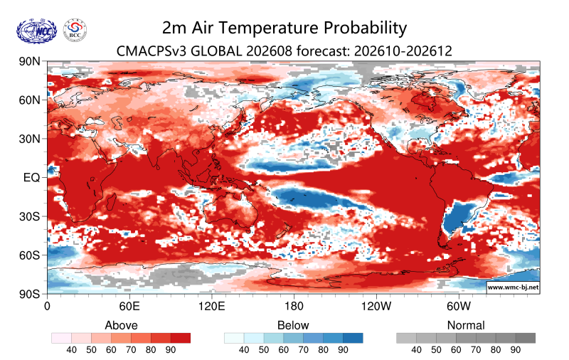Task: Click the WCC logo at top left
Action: (36, 31)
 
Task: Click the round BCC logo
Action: (75, 31)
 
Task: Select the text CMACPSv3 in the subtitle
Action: (151, 51)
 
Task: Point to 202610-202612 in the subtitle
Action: (403, 51)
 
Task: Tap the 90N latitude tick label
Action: (30, 61)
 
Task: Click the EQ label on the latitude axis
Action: (31, 177)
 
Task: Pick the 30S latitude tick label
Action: (30, 216)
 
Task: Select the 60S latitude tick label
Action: (30, 255)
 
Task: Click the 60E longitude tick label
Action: (129, 307)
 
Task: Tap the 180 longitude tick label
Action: (294, 307)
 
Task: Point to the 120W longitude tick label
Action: (376, 307)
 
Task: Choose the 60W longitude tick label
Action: (459, 307)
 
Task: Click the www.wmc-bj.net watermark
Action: (513, 287)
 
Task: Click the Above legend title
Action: (121, 325)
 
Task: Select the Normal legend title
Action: (466, 325)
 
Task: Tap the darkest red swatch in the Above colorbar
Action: (181, 338)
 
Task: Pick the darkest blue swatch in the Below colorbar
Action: (353, 338)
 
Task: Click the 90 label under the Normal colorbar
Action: (515, 350)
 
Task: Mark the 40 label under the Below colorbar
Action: (244, 350)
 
